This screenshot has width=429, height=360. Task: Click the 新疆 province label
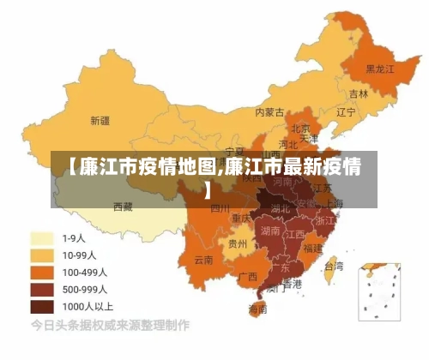(x=100, y=120)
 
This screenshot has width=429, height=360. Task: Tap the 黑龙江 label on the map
(x=379, y=68)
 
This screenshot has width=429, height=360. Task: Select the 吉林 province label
(x=359, y=93)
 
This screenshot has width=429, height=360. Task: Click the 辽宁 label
(x=346, y=112)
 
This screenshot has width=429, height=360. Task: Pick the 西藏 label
(x=123, y=207)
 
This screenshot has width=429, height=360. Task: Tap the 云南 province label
(x=204, y=259)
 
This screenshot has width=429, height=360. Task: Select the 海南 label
(x=257, y=309)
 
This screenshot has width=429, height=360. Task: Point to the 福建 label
(x=313, y=248)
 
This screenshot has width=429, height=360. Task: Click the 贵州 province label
(x=238, y=243)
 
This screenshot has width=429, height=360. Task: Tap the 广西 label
(x=248, y=276)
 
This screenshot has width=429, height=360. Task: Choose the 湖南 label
(x=270, y=231)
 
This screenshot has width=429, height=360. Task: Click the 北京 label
(x=300, y=129)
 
